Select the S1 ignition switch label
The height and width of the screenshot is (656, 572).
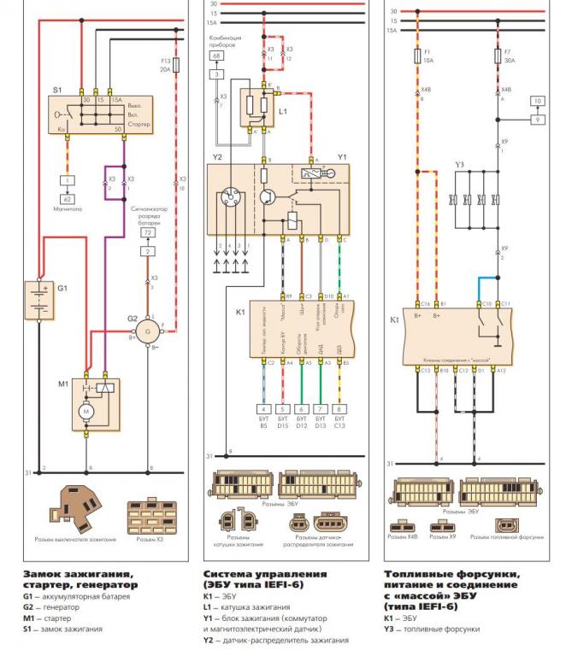(x=57, y=88)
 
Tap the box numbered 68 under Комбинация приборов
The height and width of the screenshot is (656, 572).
(x=216, y=56)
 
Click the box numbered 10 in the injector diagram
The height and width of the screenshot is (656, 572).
(x=537, y=101)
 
